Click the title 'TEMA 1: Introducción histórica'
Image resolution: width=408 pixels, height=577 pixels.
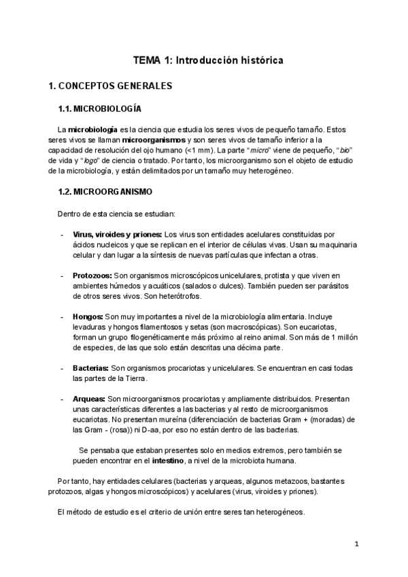[207, 61]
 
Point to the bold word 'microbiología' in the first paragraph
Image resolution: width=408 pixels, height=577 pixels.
[92, 129]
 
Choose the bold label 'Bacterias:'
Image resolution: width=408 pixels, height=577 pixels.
[91, 368]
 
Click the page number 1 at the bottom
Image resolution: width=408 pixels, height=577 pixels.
[356, 544]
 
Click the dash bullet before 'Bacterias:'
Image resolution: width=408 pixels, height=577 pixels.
[63, 368]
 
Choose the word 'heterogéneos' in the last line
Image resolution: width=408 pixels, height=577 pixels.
[279, 512]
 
